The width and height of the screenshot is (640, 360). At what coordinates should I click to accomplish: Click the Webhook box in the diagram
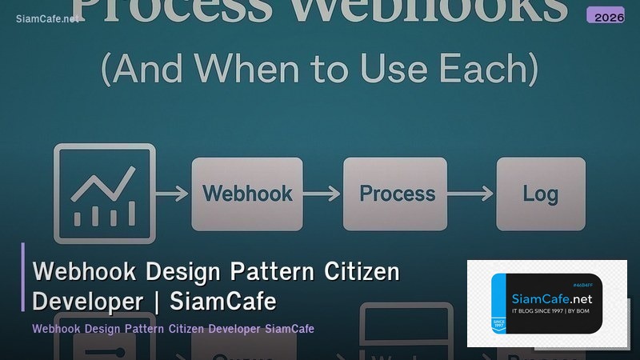tap(247, 194)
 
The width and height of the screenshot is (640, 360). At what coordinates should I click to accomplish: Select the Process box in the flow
tap(397, 194)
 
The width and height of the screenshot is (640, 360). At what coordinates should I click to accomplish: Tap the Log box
tap(541, 194)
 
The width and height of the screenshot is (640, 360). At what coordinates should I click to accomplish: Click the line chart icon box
tap(104, 194)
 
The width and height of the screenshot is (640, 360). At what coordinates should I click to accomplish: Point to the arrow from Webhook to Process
tap(322, 194)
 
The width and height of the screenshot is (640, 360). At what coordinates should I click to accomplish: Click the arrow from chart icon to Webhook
tap(172, 194)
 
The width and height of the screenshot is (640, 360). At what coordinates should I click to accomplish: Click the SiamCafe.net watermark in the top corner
tap(48, 18)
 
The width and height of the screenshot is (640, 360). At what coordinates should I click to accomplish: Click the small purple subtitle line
tap(173, 329)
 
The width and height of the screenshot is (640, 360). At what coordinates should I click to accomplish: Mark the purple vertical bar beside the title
tap(23, 277)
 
